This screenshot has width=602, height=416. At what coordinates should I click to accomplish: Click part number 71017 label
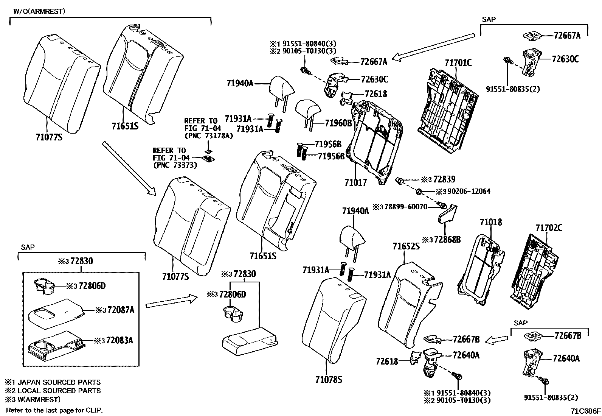(355, 182)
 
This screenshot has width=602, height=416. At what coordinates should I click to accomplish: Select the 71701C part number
(458, 63)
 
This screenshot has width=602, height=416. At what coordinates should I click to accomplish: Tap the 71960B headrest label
(338, 123)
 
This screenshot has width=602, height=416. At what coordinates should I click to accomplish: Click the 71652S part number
(406, 247)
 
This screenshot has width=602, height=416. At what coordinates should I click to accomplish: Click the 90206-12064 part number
(469, 192)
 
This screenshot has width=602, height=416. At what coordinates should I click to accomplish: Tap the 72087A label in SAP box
(121, 310)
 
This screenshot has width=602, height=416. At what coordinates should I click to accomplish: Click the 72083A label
(120, 340)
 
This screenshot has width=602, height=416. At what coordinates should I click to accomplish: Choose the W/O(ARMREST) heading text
(39, 11)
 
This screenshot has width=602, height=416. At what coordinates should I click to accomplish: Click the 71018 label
(491, 222)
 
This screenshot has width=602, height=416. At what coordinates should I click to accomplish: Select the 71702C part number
(549, 227)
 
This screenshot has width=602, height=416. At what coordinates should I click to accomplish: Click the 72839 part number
(444, 179)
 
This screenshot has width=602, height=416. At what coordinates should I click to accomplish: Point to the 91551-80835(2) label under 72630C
(513, 89)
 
